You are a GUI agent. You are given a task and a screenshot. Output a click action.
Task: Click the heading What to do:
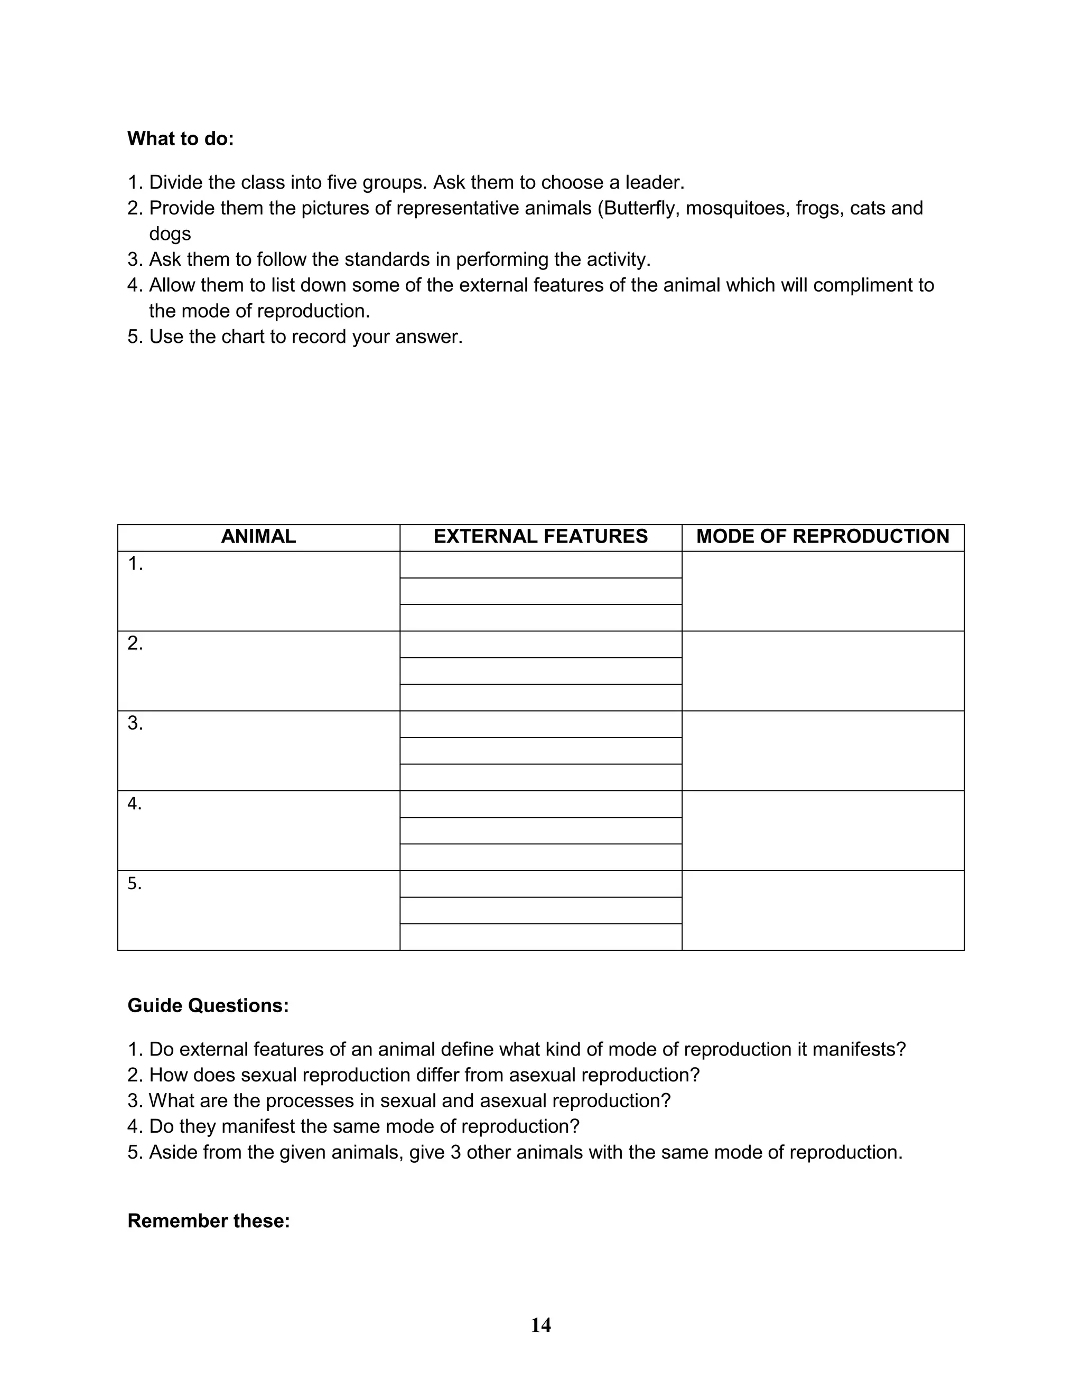click(181, 138)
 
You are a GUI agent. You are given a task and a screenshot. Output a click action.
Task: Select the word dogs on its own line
click(170, 234)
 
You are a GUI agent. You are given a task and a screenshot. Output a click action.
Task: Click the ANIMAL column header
click(258, 537)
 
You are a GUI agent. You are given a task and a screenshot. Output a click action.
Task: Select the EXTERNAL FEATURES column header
click(540, 537)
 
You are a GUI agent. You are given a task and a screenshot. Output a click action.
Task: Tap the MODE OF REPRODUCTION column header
click(823, 537)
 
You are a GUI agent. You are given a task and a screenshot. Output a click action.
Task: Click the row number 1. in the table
click(135, 564)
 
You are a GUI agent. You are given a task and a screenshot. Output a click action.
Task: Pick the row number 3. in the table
click(135, 724)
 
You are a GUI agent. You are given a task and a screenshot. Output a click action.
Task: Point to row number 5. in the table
click(135, 884)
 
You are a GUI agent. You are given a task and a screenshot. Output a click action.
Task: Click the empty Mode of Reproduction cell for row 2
click(823, 670)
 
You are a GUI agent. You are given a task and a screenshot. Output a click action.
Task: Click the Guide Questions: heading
click(208, 1006)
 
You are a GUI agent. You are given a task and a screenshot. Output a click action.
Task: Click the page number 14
click(540, 1325)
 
